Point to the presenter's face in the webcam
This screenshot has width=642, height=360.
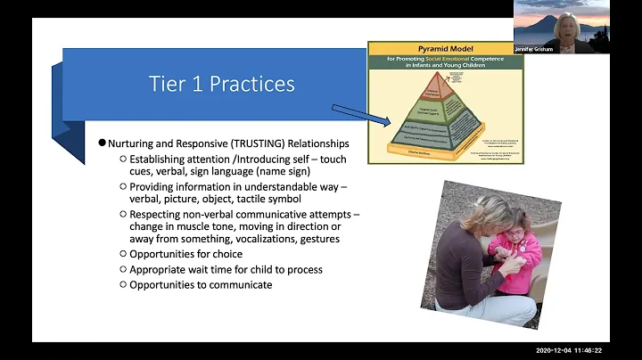click(x=564, y=24)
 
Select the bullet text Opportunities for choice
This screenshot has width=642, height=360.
click(x=183, y=254)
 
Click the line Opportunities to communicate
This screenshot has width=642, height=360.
click(x=201, y=284)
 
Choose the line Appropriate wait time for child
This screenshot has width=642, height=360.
click(x=226, y=269)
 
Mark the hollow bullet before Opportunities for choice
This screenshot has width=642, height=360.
click(x=123, y=254)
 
